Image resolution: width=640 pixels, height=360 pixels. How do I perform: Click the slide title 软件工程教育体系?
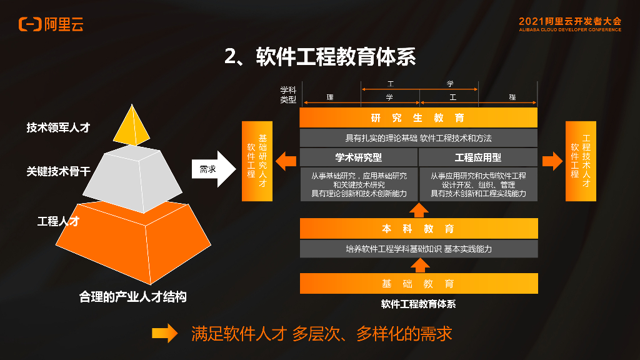pos(320,57)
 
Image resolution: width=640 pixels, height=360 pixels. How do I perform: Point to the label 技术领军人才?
pos(58,127)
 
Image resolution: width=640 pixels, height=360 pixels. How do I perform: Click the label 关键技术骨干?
pos(58,171)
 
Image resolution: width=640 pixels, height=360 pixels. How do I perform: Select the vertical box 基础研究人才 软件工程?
pos(257,161)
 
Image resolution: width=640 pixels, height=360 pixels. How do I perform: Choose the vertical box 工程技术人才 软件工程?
pos(581,161)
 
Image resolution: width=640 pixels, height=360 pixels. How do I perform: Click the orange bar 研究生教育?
pos(418,117)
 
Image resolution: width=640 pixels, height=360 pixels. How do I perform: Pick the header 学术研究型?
pos(358,157)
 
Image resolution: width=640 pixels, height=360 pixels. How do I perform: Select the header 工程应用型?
pos(477,157)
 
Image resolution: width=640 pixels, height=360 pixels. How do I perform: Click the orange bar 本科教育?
pos(418,229)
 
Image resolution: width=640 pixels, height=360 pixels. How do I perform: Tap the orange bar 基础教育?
pos(418,284)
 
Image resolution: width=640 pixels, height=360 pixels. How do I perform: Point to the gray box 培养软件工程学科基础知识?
pos(418,249)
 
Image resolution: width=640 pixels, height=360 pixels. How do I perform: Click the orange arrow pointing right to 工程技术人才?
pos(552,161)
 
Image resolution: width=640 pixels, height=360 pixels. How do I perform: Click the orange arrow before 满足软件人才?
pos(165,334)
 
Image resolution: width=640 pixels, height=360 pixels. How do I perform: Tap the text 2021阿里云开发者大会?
pos(569,21)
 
